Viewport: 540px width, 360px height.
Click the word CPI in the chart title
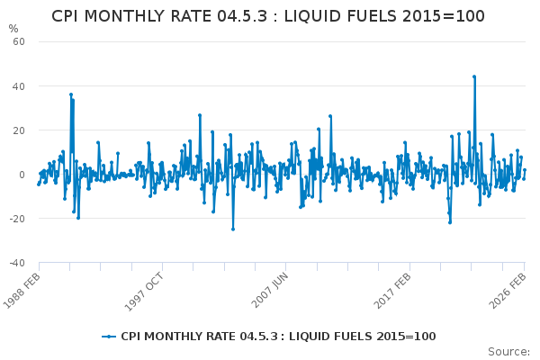(69, 16)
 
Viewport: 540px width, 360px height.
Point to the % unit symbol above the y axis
(13, 29)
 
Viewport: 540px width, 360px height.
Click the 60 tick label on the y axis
(18, 41)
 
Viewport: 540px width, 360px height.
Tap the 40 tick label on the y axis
(18, 85)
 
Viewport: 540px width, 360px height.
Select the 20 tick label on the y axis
(18, 130)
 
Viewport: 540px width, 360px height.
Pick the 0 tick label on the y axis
(21, 175)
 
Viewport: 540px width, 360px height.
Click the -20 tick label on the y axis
(16, 219)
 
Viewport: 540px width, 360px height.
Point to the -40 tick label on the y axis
(16, 263)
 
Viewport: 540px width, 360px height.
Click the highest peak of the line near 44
(473, 76)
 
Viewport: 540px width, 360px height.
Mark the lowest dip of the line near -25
(232, 229)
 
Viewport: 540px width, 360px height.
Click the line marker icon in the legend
(110, 336)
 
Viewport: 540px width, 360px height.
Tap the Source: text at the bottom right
(509, 351)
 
